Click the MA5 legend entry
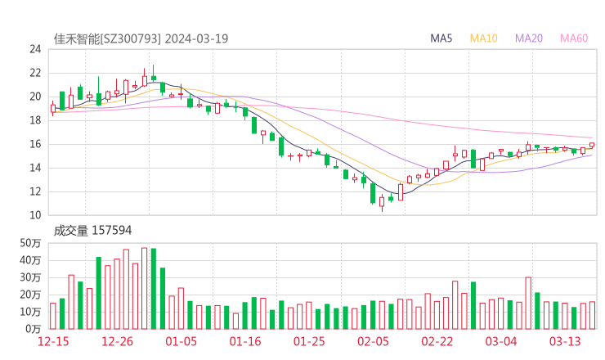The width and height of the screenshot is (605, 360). coord(441,38)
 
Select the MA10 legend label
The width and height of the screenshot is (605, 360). coord(483,38)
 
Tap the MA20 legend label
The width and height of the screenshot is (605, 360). coord(528,38)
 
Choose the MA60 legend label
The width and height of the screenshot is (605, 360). coord(574,38)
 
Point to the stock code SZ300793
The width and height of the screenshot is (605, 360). coord(130,38)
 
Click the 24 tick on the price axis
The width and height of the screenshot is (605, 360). coord(34,49)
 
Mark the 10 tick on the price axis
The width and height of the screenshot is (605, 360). coord(34,215)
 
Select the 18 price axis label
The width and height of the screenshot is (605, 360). coord(34,120)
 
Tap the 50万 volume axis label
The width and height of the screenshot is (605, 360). coord(31,243)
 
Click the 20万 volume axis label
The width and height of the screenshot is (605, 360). coord(31,295)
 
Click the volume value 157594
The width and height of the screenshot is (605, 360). coord(111,231)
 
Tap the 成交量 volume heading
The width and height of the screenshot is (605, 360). coord(69,231)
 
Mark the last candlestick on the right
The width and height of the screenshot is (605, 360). coord(592,145)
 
